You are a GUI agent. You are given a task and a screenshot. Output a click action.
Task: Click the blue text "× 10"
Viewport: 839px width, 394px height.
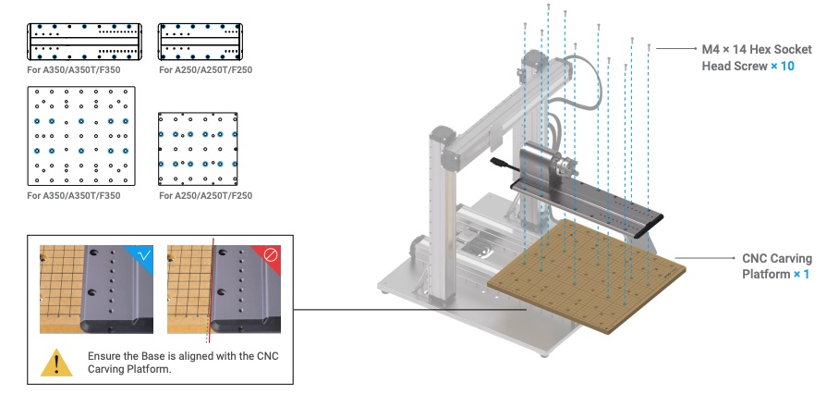[x=783, y=66]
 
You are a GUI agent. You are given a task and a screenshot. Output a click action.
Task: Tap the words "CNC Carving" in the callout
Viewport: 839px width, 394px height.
[x=777, y=259]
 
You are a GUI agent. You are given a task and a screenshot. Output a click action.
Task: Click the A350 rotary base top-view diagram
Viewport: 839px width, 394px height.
[x=84, y=42]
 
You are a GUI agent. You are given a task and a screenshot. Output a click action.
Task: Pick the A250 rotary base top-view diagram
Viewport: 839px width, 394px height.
[x=201, y=42]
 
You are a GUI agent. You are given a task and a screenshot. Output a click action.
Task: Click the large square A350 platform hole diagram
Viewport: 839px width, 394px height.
[x=81, y=136]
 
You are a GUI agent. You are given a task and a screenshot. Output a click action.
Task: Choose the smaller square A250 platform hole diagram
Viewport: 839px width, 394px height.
[x=198, y=149]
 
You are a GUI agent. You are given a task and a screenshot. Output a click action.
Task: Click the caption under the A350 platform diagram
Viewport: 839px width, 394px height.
[x=74, y=195]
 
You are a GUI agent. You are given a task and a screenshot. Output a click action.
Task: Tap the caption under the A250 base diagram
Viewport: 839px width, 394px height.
[x=205, y=69]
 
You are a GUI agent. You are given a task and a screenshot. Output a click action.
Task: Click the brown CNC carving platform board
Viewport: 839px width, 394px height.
[x=587, y=276]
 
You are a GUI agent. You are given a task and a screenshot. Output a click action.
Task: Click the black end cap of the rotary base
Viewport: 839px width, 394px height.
[x=649, y=226]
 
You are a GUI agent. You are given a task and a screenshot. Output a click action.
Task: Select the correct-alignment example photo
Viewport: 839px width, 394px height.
[x=96, y=289]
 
